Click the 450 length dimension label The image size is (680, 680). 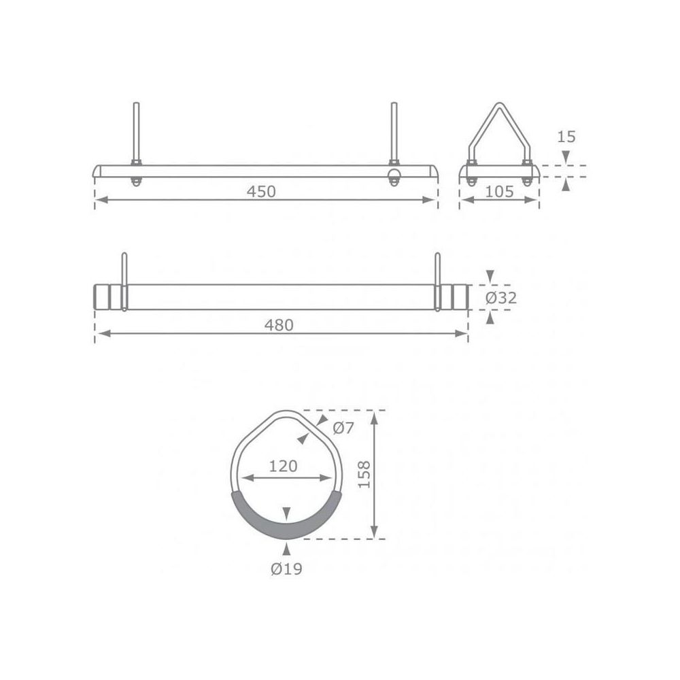click(x=261, y=192)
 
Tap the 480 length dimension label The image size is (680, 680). click(x=279, y=325)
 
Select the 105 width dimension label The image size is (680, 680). click(x=500, y=192)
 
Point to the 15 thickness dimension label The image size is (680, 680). click(x=566, y=137)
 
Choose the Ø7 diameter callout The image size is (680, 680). click(x=344, y=428)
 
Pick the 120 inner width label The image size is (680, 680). click(x=283, y=466)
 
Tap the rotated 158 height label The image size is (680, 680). click(x=364, y=474)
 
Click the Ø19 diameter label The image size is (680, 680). click(x=286, y=569)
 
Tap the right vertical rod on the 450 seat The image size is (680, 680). click(x=393, y=133)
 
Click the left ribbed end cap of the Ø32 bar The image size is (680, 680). click(x=105, y=297)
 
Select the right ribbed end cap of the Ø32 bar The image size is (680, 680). click(x=457, y=297)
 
